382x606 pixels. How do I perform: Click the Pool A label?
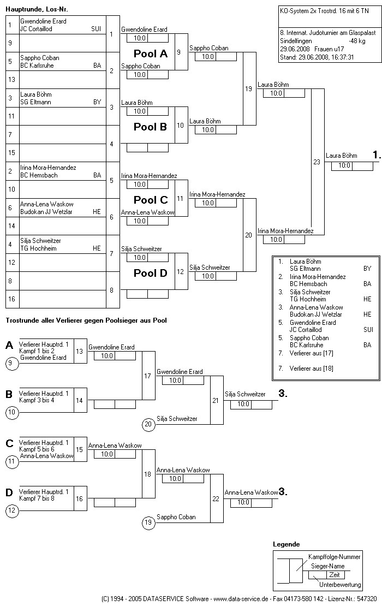click(x=151, y=54)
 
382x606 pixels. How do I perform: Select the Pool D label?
click(x=151, y=274)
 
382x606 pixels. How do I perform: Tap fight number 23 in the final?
click(x=317, y=162)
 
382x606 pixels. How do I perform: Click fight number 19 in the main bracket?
click(x=248, y=88)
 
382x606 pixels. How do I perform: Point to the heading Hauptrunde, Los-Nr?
click(x=37, y=10)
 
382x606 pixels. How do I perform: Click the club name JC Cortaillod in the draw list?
click(x=36, y=29)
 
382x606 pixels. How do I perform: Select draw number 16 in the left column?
click(x=10, y=299)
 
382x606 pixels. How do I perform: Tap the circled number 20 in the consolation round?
click(x=148, y=424)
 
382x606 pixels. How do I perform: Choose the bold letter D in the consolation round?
click(x=9, y=493)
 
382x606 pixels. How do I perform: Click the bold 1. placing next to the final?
click(x=376, y=156)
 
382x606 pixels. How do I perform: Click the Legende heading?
click(x=286, y=544)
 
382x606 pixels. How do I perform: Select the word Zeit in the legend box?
click(x=334, y=575)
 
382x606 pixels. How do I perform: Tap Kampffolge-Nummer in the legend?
click(x=335, y=557)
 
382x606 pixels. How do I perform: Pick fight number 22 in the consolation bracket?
click(x=216, y=498)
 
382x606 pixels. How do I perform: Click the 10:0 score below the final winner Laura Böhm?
click(x=345, y=165)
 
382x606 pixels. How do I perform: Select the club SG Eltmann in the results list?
click(x=305, y=269)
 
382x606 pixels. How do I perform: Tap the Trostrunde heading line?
click(x=86, y=320)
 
